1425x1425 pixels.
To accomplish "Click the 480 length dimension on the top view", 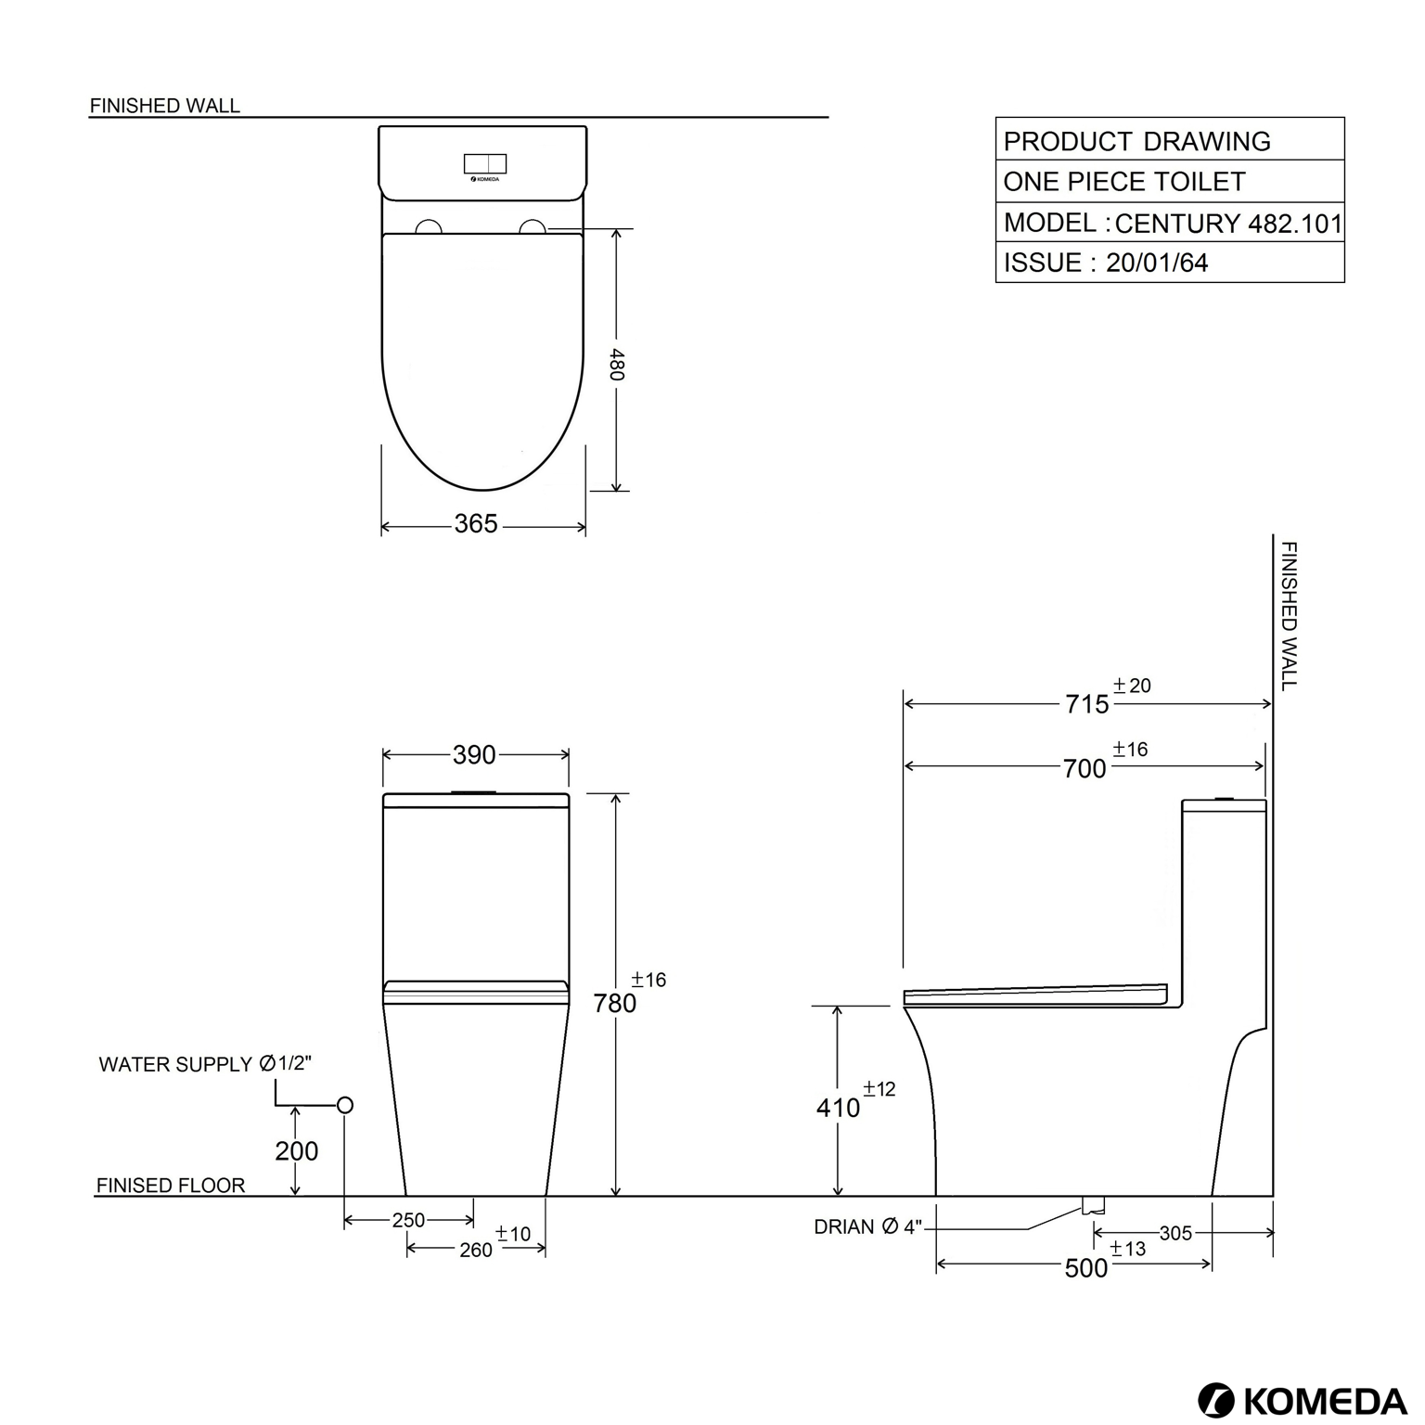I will [x=617, y=364].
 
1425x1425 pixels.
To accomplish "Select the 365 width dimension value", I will [x=476, y=524].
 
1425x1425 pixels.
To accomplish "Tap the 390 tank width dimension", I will [x=474, y=755].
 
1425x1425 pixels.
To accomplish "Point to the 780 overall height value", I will [x=615, y=1003].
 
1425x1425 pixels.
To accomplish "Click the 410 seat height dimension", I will [x=838, y=1108].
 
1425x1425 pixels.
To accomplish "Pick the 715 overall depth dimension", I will [x=1086, y=704].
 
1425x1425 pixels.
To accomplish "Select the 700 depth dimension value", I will [x=1085, y=768].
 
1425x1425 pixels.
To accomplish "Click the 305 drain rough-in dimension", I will [x=1175, y=1233].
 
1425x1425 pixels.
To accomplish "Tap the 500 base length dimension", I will [x=1085, y=1268].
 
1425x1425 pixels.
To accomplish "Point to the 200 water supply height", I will [x=296, y=1150].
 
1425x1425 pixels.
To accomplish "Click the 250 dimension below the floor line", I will [x=408, y=1220].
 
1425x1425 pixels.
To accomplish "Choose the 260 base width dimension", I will [x=475, y=1250].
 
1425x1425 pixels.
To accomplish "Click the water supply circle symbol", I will [x=345, y=1105].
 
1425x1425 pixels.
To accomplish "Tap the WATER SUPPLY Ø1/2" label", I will [x=205, y=1064].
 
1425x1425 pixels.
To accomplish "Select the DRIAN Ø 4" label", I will [x=867, y=1226].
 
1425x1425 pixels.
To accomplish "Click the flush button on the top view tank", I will [x=485, y=164].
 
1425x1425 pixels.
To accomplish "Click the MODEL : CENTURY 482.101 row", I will [x=1171, y=223].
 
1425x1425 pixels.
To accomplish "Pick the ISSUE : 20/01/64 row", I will [x=1171, y=263].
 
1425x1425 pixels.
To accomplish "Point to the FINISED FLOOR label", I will [x=171, y=1185].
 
